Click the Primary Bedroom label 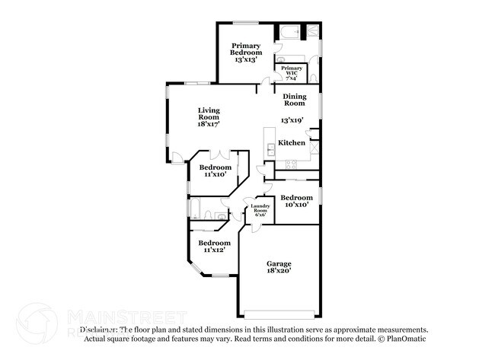246,52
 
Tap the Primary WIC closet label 291,71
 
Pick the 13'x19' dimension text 292,120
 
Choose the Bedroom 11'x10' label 215,170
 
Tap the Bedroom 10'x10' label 296,201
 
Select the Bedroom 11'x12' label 215,246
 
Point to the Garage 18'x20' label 279,266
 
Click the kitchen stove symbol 290,165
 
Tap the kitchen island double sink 270,148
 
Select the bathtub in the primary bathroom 289,33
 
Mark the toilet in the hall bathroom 220,218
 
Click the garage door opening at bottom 279,313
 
